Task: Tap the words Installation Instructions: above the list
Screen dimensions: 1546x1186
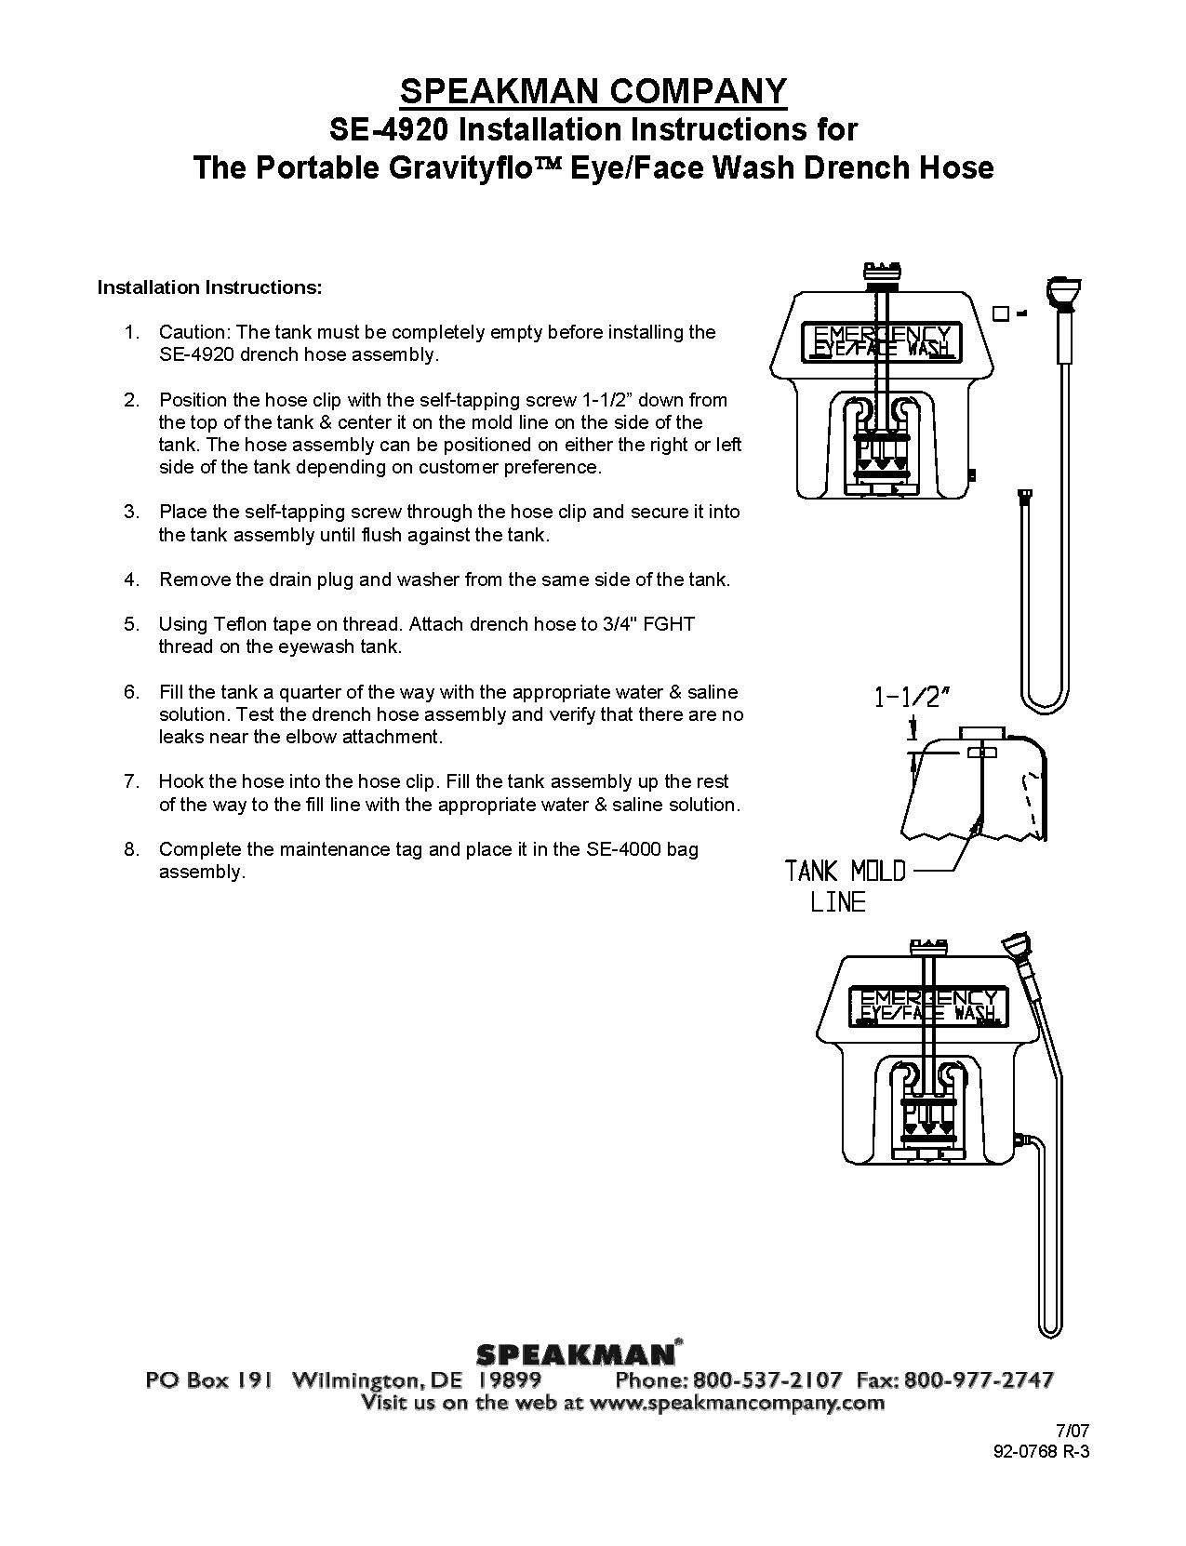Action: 210,287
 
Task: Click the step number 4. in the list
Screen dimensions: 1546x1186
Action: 132,580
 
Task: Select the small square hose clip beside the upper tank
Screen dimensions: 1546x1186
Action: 1000,313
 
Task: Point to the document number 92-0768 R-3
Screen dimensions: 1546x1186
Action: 1041,1456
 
